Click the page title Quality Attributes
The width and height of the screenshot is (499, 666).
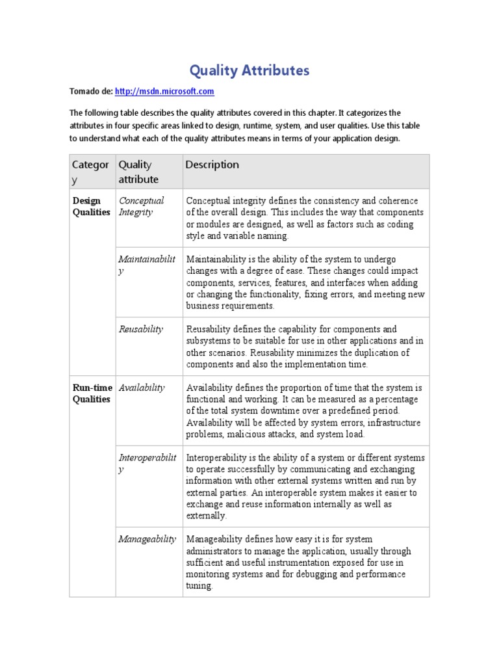pos(249,70)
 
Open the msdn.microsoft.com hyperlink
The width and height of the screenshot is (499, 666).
pos(164,92)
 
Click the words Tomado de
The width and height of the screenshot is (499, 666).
pos(90,92)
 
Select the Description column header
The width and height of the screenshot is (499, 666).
pos(212,165)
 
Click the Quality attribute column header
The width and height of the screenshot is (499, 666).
pos(138,172)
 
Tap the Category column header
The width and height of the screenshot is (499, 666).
pos(90,172)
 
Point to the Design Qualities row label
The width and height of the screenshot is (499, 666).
pos(91,206)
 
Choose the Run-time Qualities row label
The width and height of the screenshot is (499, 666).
pos(91,393)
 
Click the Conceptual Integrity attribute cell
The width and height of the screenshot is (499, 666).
pos(141,206)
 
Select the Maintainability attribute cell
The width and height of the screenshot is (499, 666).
pos(146,265)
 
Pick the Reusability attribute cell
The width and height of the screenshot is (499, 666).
pos(141,329)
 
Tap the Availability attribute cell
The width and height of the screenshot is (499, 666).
pos(142,388)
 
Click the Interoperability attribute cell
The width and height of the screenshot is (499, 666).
pos(147,464)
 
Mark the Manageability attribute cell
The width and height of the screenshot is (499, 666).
pos(147,539)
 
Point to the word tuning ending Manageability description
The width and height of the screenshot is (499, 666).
pos(199,586)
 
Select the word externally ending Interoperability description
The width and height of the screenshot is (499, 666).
pos(206,516)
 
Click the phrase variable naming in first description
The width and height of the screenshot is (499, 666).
pos(249,236)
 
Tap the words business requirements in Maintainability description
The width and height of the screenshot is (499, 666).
pos(230,306)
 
